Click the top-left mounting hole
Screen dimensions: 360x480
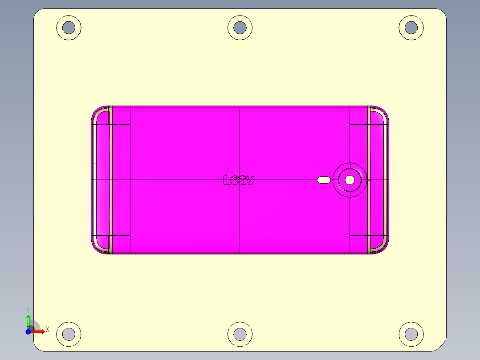69,28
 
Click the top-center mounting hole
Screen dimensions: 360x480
240,28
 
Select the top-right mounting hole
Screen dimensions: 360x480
411,28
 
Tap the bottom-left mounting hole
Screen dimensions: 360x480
69,334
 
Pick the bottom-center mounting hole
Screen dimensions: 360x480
240,334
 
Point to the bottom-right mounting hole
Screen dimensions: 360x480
411,334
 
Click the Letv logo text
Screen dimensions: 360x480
239,180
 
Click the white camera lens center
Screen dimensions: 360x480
350,180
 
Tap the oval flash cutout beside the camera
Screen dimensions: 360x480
324,180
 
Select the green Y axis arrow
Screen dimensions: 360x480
28,321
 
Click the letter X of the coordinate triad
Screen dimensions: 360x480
47,330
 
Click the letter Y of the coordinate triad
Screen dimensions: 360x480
28,309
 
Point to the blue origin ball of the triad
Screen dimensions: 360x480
28,331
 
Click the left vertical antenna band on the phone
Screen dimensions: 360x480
110,180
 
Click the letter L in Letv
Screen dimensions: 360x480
227,180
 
